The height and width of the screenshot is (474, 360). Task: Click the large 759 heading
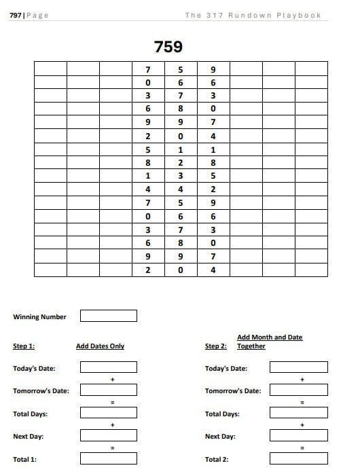pos(168,47)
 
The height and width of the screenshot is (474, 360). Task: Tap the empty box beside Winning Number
pos(109,316)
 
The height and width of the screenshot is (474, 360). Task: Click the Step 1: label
pos(24,346)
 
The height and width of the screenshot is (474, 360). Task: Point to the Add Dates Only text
pos(100,346)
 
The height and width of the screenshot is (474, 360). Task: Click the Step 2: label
pos(216,346)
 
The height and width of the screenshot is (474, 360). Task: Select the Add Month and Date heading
pos(270,338)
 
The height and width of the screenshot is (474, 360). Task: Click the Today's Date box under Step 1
pos(109,367)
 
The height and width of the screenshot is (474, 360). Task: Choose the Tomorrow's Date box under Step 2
pos(298,390)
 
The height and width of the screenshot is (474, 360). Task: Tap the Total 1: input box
pos(109,459)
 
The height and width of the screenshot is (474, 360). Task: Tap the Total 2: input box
pos(298,459)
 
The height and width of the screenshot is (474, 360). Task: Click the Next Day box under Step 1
pos(109,436)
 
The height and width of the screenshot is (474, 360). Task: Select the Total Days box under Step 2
pos(298,413)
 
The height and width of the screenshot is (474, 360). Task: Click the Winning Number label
pos(39,316)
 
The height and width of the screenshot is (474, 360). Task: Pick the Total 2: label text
pos(217,460)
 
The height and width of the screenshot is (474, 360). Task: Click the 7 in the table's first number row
pos(148,69)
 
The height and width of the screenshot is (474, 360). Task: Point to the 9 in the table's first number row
pos(213,69)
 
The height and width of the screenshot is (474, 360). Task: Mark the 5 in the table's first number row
pos(181,69)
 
